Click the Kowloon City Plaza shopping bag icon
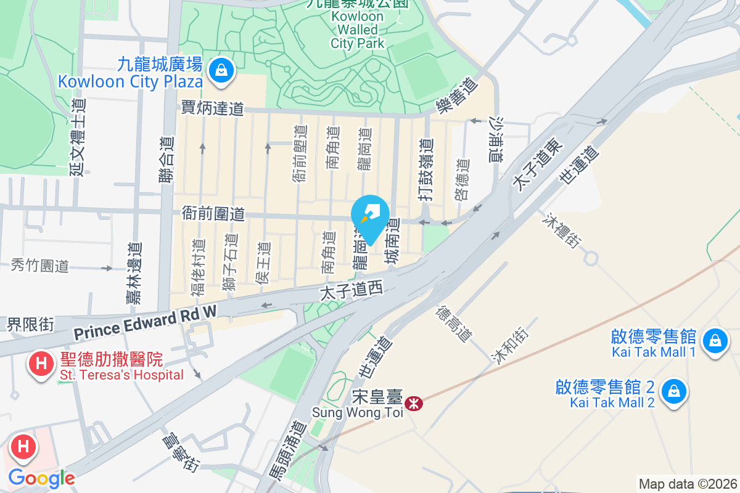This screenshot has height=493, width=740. [220, 71]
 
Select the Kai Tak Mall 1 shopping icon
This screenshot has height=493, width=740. [715, 341]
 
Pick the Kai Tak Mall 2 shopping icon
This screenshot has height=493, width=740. [675, 392]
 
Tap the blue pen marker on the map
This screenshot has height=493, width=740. [370, 216]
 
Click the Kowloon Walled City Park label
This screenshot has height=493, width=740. [358, 30]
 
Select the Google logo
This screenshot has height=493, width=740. [42, 478]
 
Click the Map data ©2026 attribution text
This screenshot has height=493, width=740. [688, 484]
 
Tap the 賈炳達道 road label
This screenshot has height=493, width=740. [213, 108]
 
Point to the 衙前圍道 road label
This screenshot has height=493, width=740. [213, 214]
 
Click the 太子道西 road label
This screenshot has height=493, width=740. [351, 289]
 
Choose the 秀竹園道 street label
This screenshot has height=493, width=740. [40, 266]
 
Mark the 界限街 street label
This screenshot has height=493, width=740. [31, 324]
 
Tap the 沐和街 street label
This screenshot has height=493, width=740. [509, 344]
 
